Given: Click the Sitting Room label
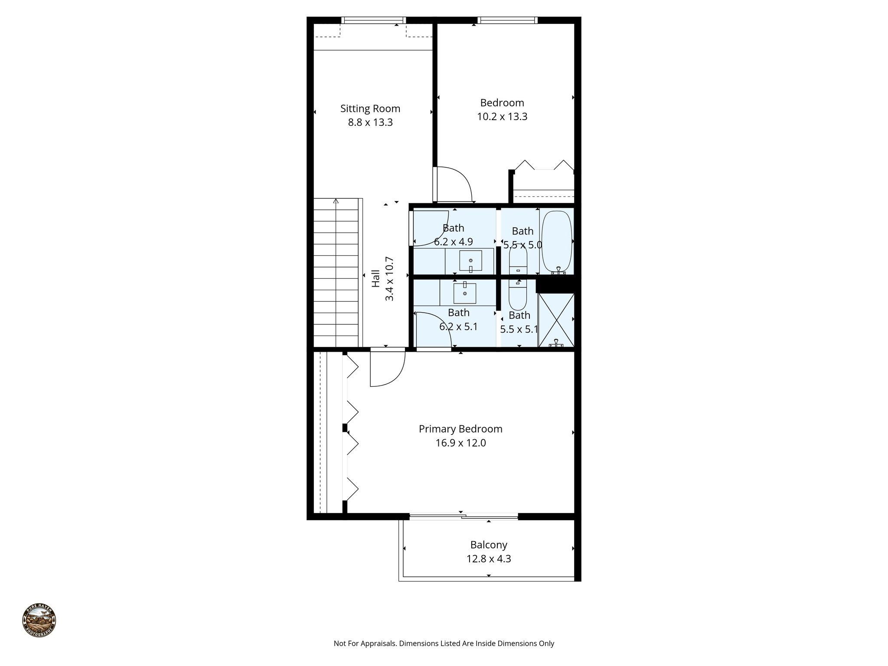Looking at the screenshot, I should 370,108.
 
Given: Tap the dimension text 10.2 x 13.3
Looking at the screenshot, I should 502,117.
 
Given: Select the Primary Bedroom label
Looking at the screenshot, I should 460,429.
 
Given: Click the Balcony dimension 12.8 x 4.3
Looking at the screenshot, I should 489,559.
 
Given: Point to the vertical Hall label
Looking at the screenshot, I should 375,279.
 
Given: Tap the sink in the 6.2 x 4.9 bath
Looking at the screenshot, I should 470,261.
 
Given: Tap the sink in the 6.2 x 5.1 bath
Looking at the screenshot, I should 464,294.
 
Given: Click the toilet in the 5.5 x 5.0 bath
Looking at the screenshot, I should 518,259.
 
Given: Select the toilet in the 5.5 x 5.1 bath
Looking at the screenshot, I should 518,293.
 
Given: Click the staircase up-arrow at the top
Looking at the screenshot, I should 336,201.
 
